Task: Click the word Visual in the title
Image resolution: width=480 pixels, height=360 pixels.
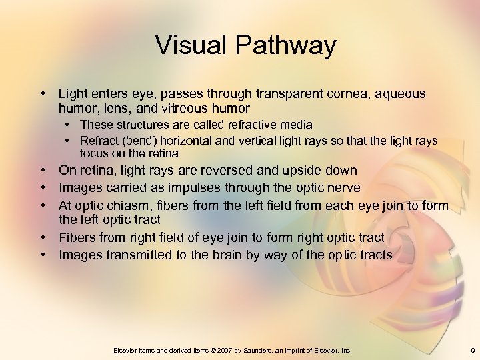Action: coord(191,46)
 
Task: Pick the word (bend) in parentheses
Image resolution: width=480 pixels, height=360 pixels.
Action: coord(133,141)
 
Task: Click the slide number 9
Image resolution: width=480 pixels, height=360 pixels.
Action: coord(471,350)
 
